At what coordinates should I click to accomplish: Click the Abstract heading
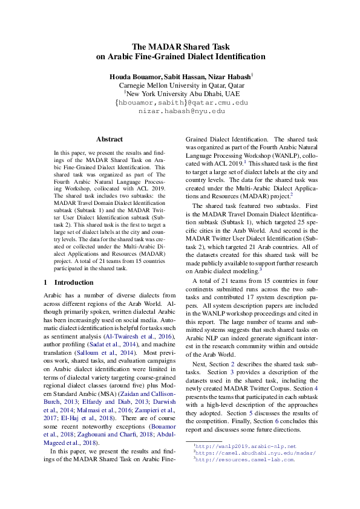[x=109, y=139]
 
